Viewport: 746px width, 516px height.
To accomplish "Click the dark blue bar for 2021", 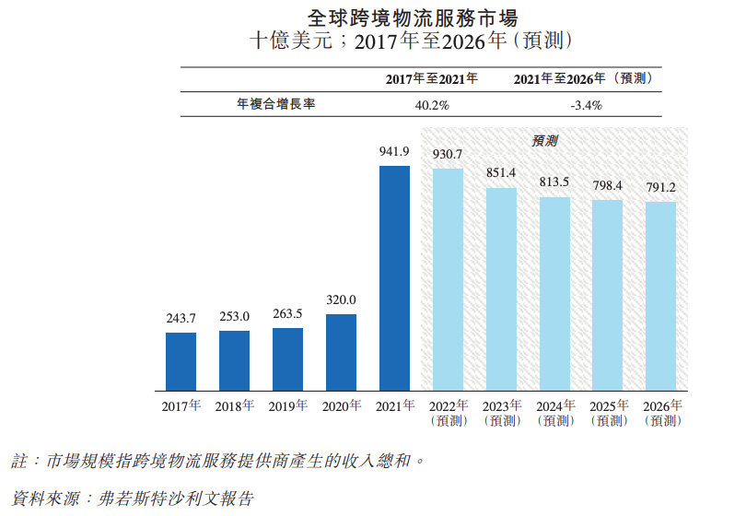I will pyautogui.click(x=394, y=277).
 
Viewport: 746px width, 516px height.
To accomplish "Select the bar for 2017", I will pyautogui.click(x=181, y=361).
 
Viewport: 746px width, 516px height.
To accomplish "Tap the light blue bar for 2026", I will pyautogui.click(x=660, y=296).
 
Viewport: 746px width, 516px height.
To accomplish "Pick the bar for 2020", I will pyautogui.click(x=341, y=352).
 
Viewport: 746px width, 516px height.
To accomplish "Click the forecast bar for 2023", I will pyautogui.click(x=501, y=288).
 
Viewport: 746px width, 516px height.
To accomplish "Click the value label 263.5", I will pyautogui.click(x=287, y=313).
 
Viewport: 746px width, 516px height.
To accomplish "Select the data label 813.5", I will pyautogui.click(x=554, y=182).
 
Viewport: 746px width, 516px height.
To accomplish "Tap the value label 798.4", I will pyautogui.click(x=607, y=185).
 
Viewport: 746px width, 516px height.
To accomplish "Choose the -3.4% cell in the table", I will pyautogui.click(x=586, y=105).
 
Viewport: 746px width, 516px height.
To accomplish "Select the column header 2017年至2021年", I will pyautogui.click(x=431, y=79).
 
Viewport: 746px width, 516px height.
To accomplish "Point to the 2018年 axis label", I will pyautogui.click(x=234, y=406).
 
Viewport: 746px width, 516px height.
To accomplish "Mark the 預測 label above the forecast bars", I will pyautogui.click(x=544, y=141).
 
